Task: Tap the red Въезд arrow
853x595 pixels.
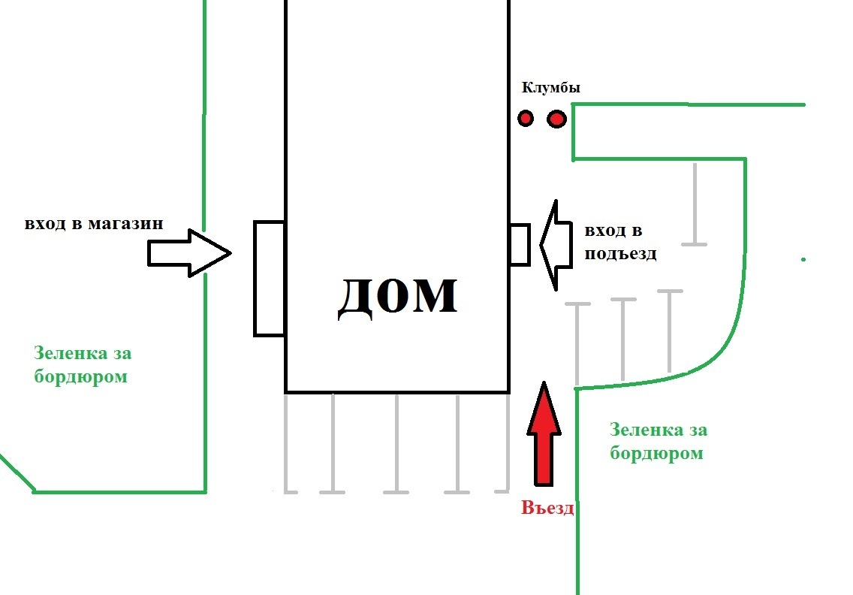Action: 544,436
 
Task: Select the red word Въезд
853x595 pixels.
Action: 547,509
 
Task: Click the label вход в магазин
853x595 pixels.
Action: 94,224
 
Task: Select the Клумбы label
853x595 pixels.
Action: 550,89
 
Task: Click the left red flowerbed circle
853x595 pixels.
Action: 526,118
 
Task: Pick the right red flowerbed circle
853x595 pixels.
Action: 556,119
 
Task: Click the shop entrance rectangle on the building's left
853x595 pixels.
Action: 270,278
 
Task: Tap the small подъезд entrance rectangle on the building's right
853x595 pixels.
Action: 520,244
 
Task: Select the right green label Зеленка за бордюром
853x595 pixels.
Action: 658,442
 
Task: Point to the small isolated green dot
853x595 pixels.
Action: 803,259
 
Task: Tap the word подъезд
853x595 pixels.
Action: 621,253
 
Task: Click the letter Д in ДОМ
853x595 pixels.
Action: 357,298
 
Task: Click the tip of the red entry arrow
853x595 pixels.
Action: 544,384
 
